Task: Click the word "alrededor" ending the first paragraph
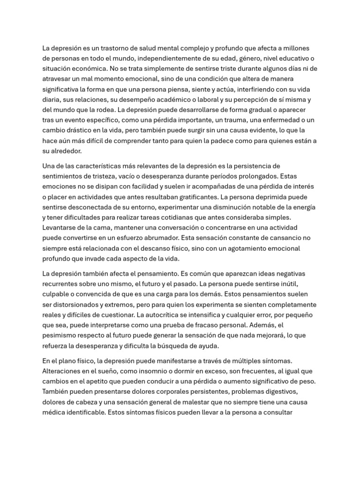point(67,151)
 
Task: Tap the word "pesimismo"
point(60,336)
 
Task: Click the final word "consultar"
point(277,412)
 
